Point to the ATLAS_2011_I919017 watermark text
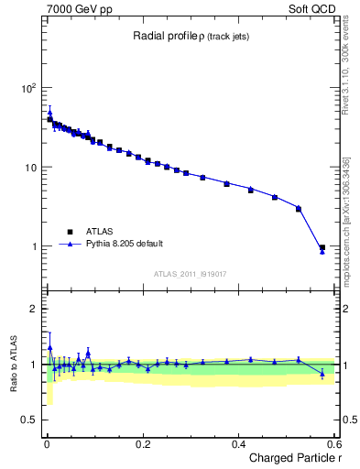(190, 273)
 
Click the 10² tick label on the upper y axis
(28, 89)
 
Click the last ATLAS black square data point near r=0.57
(322, 247)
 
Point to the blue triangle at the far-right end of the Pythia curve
(322, 251)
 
